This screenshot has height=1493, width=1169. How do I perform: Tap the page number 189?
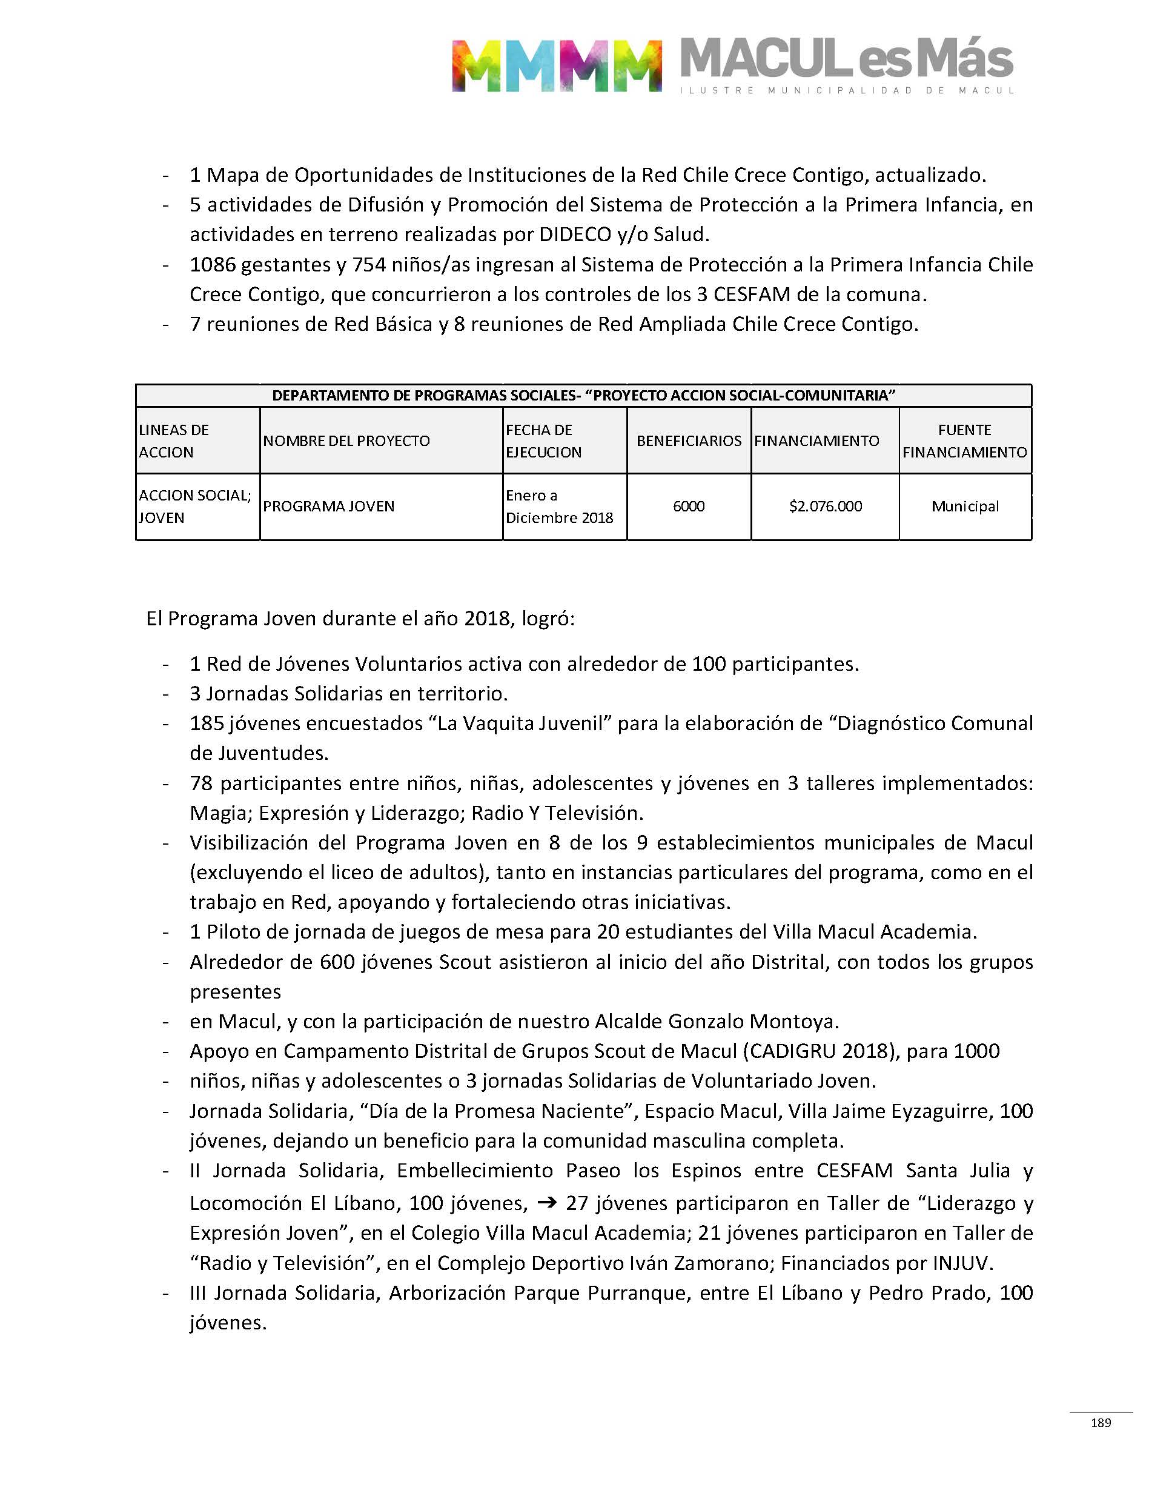(1101, 1423)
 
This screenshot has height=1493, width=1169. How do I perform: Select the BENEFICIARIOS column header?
(689, 441)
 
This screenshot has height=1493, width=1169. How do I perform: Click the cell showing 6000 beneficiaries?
(689, 507)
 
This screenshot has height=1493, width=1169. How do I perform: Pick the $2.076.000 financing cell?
(825, 507)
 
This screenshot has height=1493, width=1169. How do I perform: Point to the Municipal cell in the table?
(964, 507)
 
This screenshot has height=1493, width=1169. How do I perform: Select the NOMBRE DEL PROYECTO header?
(346, 441)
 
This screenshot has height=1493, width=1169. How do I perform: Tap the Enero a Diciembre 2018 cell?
(558, 507)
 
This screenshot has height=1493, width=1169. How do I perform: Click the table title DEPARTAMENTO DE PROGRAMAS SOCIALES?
(583, 396)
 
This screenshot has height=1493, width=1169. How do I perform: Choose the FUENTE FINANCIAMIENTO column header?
(964, 441)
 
